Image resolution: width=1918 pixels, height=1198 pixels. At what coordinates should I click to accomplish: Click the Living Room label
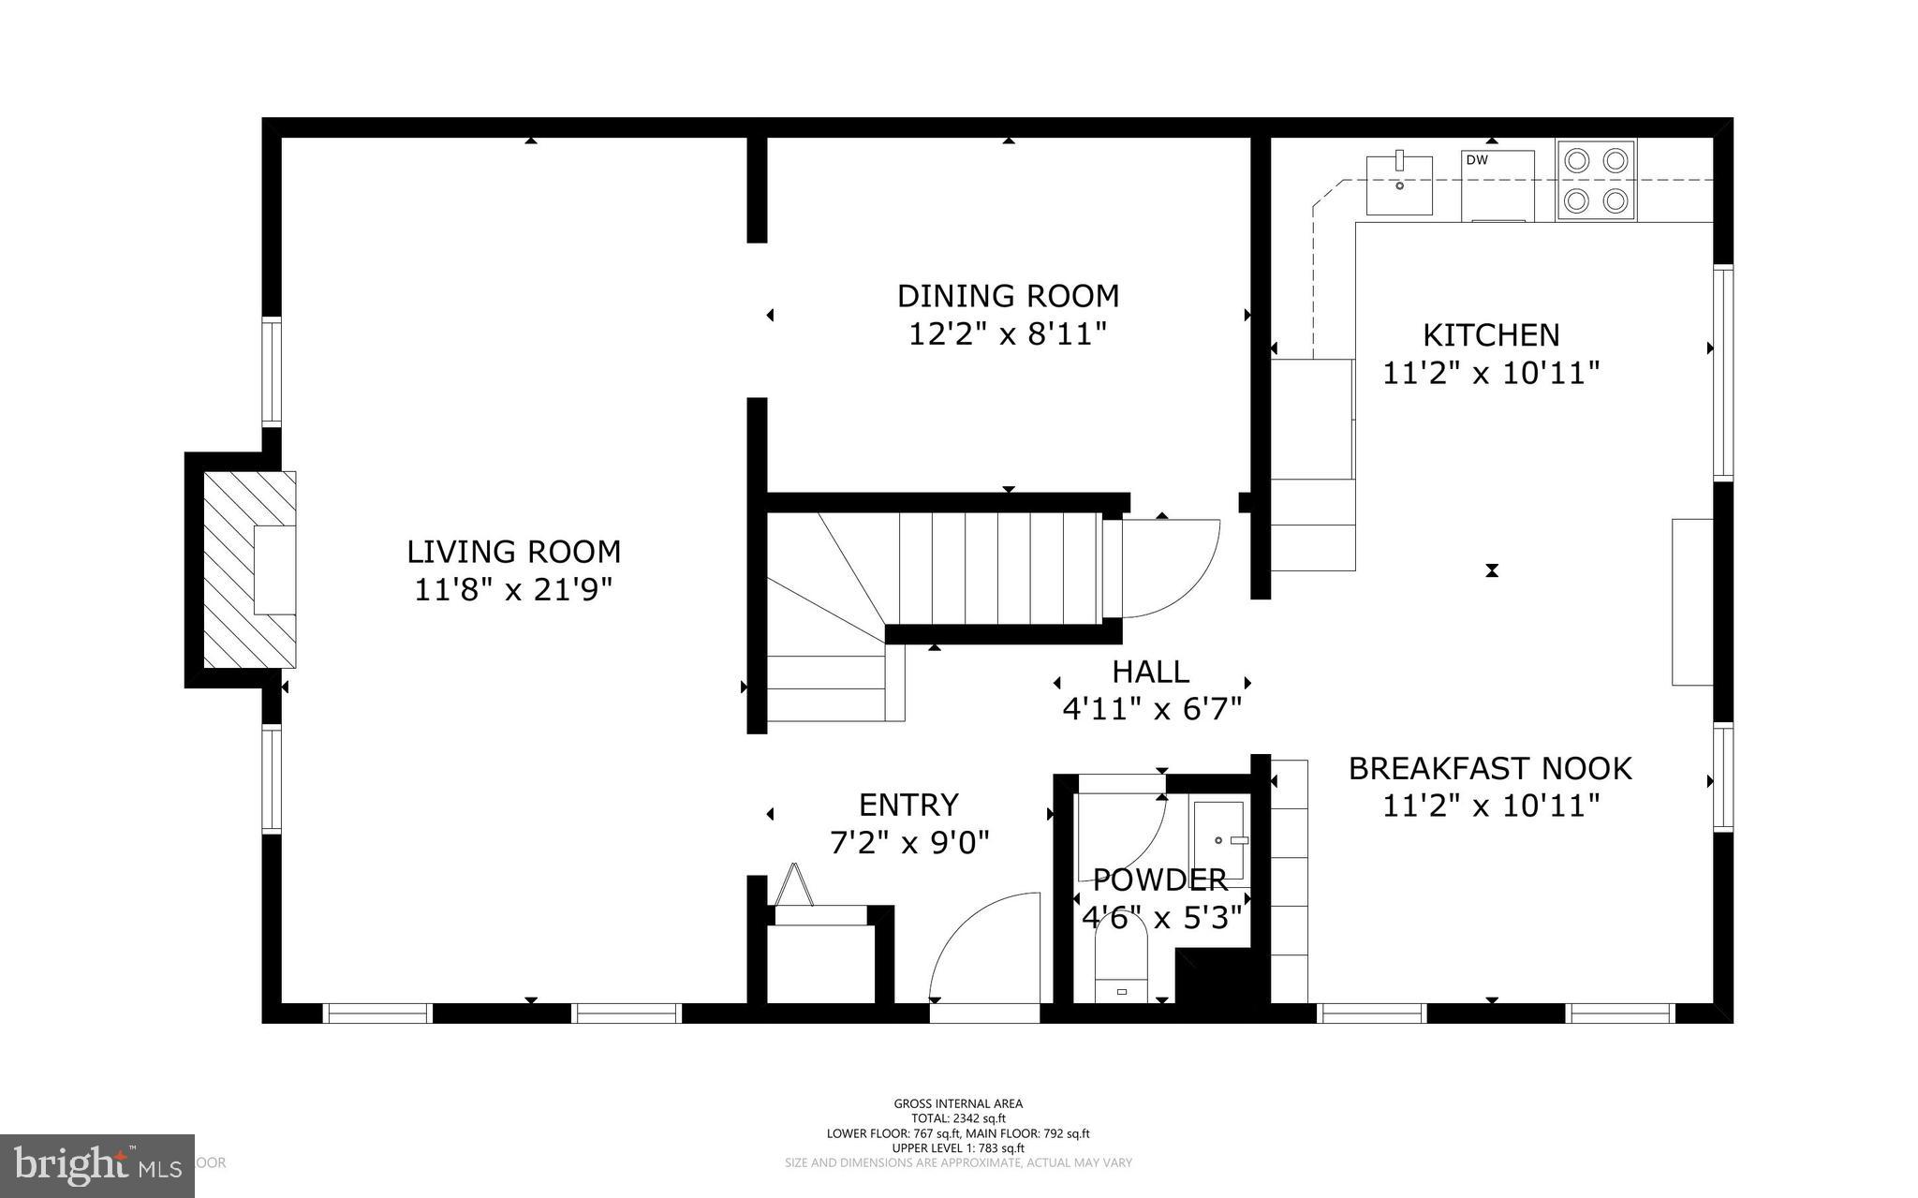(x=513, y=552)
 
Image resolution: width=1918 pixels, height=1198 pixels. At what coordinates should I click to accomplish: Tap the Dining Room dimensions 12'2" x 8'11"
(x=1008, y=333)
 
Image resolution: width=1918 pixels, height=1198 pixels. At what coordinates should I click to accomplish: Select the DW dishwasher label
(x=1477, y=160)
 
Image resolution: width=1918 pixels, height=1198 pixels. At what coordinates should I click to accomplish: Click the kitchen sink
(x=1399, y=185)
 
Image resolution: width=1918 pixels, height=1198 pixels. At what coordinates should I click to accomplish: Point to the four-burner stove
(x=1596, y=180)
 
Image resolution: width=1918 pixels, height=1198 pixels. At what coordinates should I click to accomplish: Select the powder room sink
(x=1218, y=840)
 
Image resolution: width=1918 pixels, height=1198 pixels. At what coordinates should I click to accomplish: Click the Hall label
(x=1150, y=672)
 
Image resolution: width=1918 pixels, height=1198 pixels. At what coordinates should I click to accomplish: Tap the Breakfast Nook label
(x=1489, y=768)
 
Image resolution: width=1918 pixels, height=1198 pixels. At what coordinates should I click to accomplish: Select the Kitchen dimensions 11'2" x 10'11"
(x=1491, y=374)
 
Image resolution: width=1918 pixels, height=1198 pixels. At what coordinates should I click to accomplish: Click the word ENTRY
(x=908, y=805)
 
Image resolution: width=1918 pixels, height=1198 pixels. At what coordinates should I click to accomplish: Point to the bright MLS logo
(x=97, y=1165)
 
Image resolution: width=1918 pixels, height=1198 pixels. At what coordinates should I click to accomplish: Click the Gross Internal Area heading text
(x=958, y=1103)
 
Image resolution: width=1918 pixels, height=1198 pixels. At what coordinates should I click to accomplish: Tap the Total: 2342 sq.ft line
(x=958, y=1118)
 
